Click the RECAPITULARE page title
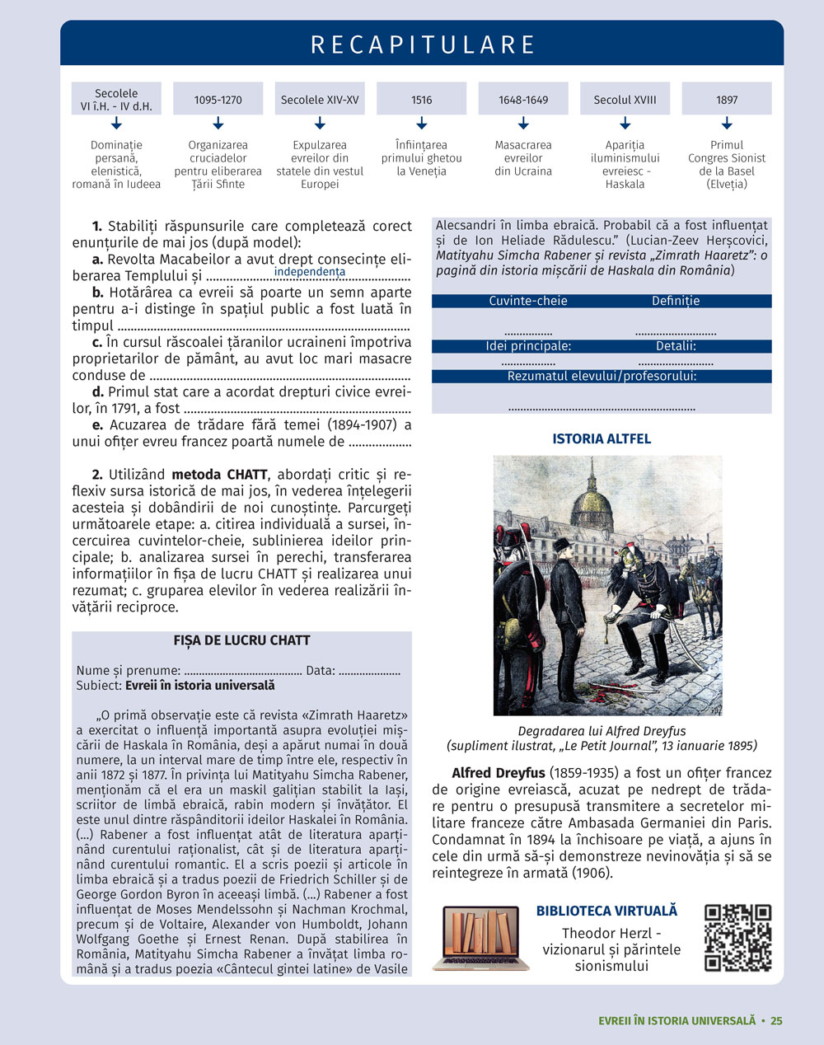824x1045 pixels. [x=423, y=45]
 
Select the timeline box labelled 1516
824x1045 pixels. [x=421, y=100]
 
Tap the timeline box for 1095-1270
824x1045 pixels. [x=218, y=100]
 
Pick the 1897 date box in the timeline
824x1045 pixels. [x=727, y=100]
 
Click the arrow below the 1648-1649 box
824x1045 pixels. [x=523, y=124]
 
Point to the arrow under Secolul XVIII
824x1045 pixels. [x=625, y=124]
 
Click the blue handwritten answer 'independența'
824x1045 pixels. [x=310, y=272]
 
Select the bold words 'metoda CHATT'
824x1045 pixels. [x=219, y=475]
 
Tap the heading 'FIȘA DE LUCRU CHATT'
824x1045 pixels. [x=241, y=640]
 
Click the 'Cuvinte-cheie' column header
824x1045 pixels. [x=528, y=301]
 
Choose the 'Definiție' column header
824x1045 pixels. [x=676, y=301]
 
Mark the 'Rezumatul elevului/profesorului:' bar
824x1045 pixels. [x=602, y=376]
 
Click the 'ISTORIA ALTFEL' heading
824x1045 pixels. [x=602, y=438]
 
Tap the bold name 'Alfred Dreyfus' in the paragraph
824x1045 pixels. [x=499, y=773]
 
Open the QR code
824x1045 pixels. [x=737, y=938]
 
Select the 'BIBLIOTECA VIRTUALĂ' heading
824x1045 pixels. [x=606, y=911]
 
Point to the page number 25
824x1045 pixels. [x=776, y=1020]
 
